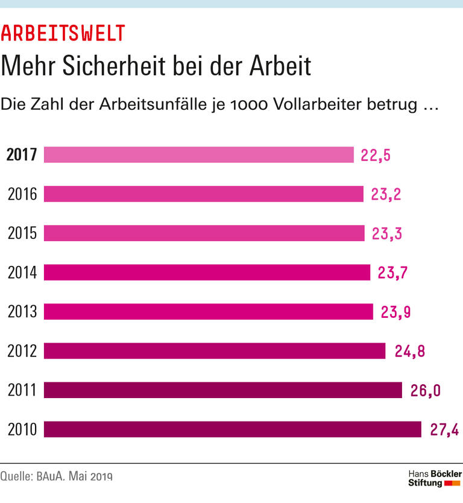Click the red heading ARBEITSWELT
63,33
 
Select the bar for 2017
198,155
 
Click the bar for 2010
232,429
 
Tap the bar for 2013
208,312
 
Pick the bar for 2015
204,233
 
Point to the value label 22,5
376,155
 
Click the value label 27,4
444,429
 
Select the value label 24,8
410,351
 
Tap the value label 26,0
425,390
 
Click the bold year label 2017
22,155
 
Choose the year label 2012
22,351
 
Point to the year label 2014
22,273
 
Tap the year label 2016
22,194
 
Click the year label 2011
22,390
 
